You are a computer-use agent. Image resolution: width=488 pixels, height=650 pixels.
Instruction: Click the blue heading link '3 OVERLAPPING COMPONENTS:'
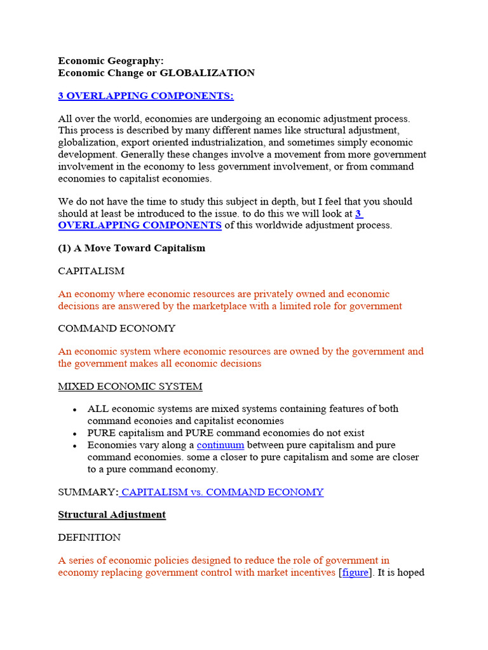[146, 96]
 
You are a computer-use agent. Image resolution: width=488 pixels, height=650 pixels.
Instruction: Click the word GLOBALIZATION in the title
[207, 73]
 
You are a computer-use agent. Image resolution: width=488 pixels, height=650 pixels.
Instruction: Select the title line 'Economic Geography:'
[111, 61]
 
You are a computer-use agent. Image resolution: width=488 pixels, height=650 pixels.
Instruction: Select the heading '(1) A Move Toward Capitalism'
[132, 248]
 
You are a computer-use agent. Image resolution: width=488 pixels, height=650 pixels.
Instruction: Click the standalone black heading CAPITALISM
[91, 271]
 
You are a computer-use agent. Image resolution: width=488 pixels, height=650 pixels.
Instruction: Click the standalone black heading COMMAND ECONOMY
[117, 329]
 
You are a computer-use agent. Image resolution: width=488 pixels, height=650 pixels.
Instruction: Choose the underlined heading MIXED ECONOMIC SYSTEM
[130, 387]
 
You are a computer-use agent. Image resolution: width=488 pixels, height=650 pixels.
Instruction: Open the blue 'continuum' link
[220, 446]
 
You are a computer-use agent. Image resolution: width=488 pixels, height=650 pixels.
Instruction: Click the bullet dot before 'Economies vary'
[75, 446]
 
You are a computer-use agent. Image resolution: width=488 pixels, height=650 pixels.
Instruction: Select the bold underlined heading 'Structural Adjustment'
[112, 515]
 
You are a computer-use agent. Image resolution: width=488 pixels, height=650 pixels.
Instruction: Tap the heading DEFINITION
[90, 538]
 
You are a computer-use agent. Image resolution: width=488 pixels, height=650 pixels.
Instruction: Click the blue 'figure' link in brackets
[355, 573]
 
